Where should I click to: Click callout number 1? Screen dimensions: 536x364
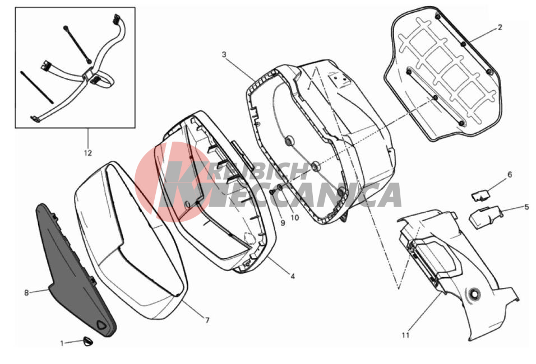[62, 343]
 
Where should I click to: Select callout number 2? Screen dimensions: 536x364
[500, 27]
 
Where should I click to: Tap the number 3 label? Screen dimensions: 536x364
[224, 54]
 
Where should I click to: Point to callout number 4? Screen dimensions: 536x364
[293, 276]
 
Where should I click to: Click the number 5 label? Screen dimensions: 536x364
[527, 207]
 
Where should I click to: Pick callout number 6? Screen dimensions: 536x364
[510, 175]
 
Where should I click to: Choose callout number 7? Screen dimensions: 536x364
[207, 320]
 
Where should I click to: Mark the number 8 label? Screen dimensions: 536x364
[26, 293]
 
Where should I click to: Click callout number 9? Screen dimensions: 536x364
[283, 223]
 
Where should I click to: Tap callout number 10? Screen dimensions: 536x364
[295, 217]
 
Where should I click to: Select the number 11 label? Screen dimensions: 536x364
[405, 335]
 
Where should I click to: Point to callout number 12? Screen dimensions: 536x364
[88, 153]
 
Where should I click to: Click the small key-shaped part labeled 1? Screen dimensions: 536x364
[88, 341]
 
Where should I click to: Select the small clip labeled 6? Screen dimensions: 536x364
[481, 195]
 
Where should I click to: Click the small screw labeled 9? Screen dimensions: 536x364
[273, 192]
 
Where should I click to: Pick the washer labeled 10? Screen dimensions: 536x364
[280, 187]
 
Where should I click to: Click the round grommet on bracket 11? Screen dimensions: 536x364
[474, 293]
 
